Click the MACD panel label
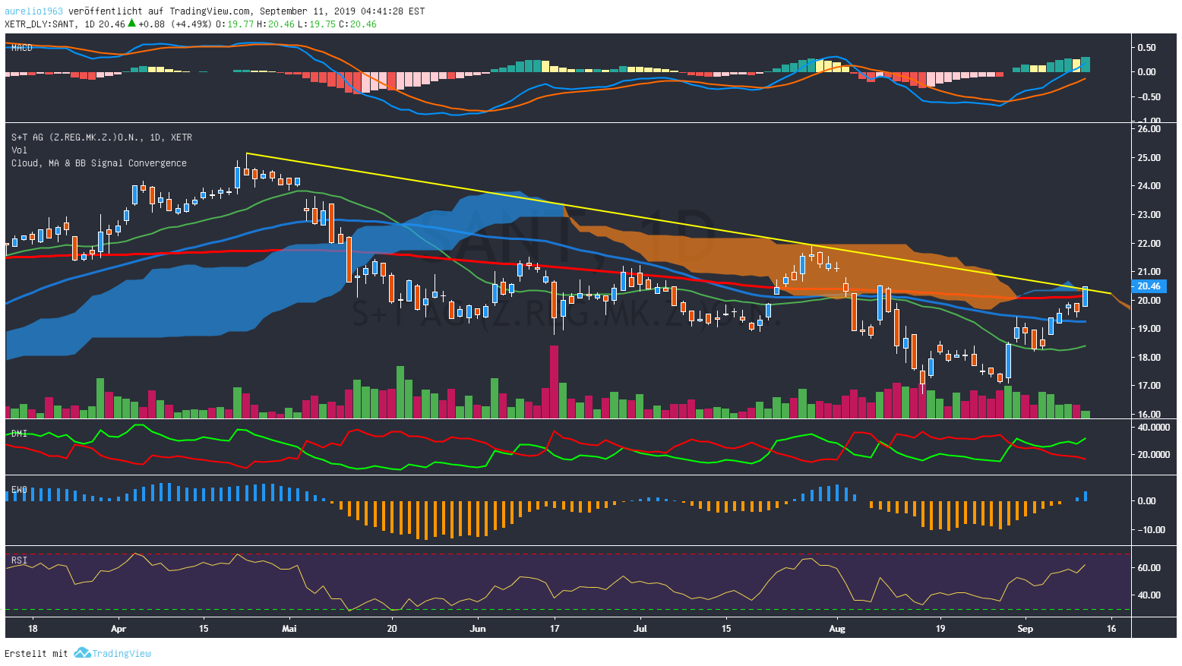(x=21, y=48)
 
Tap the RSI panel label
(x=19, y=560)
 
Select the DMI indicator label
(x=19, y=434)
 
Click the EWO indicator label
(x=19, y=490)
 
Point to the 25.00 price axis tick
(x=1149, y=158)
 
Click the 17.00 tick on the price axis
(x=1149, y=386)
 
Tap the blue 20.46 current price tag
(x=1149, y=286)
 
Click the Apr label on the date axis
(x=118, y=629)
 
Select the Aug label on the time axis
(x=836, y=629)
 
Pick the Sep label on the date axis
(x=1025, y=629)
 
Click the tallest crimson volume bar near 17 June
(x=554, y=381)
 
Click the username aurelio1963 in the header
(x=33, y=11)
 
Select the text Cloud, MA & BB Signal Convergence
(x=99, y=163)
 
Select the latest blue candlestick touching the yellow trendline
(x=1085, y=296)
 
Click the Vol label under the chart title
(x=19, y=150)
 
